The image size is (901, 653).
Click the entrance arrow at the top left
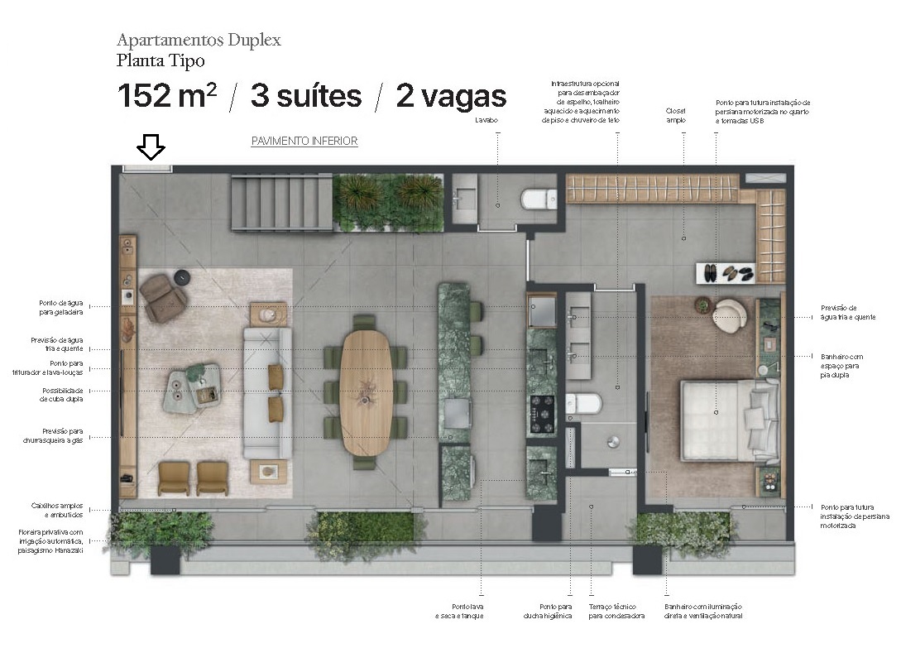pos(151,148)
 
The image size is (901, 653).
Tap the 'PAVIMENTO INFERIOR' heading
pos(304,142)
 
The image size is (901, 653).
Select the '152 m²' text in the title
pos(166,97)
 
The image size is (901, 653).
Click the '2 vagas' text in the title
pos(451,97)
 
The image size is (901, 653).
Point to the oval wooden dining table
pos(364,391)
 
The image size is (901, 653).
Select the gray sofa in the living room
pos(266,392)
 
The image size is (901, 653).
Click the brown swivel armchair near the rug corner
pos(163,297)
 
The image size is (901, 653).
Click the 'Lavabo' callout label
pos(486,120)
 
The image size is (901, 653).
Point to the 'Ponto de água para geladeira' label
pos(62,307)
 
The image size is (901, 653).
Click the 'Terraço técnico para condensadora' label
pos(616,612)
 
